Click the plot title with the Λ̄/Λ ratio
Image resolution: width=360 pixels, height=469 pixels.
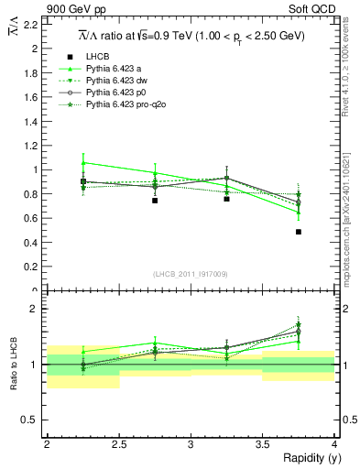click(x=191, y=36)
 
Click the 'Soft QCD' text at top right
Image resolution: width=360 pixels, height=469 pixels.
click(x=313, y=9)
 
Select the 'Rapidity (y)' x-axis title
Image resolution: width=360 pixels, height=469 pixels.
click(x=306, y=458)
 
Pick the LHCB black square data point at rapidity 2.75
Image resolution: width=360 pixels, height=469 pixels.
click(x=155, y=200)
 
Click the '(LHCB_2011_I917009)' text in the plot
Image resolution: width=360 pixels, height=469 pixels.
click(x=191, y=273)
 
